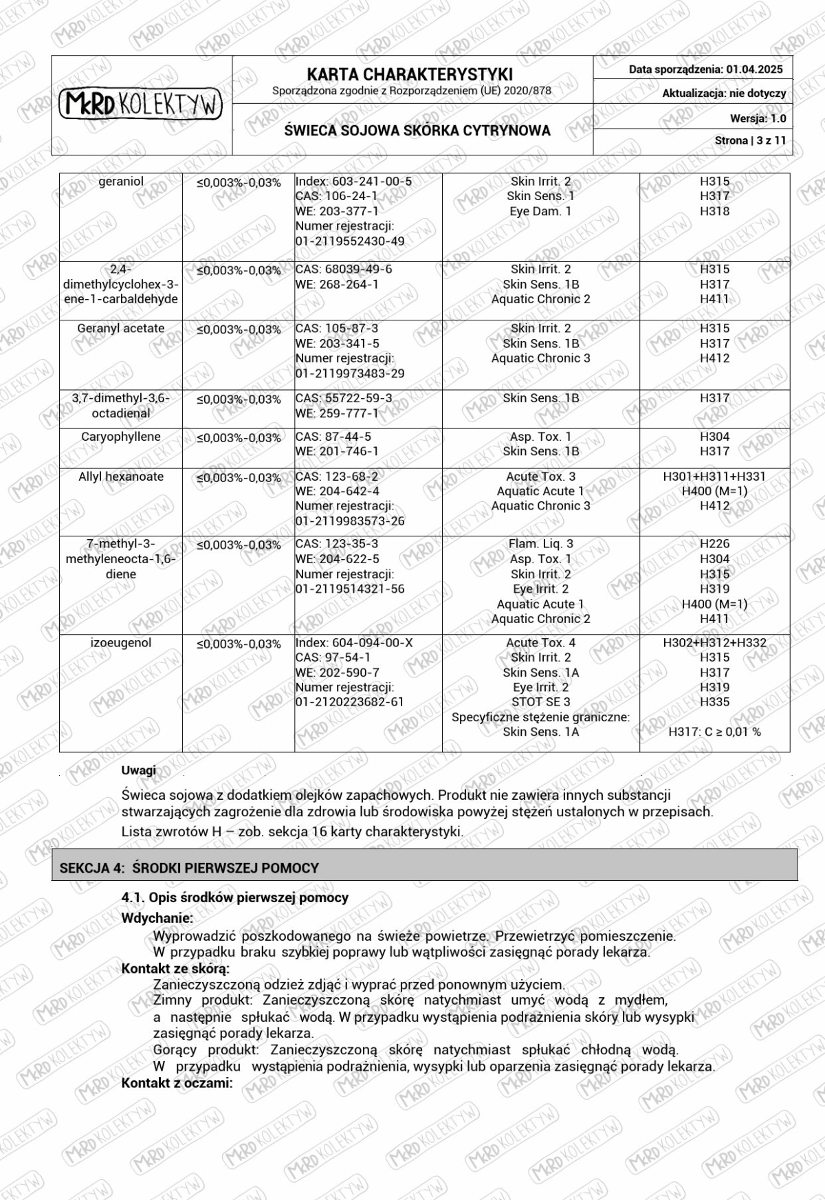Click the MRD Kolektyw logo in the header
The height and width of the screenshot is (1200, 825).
141,105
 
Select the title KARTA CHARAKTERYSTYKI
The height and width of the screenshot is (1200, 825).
410,74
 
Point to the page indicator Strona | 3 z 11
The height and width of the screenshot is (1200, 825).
750,140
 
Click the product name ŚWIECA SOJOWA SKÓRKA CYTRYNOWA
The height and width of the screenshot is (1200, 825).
417,131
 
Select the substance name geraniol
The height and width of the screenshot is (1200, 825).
121,182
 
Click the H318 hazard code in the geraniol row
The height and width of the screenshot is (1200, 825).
714,211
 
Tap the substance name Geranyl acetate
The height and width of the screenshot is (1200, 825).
121,329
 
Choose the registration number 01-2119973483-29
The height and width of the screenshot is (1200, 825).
350,373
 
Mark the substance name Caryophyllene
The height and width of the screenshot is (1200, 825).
121,437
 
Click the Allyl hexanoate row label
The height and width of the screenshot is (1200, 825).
121,477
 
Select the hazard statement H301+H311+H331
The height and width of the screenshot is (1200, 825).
714,476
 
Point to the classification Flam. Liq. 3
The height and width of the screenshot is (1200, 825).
540,544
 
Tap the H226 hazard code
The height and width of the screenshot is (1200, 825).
714,544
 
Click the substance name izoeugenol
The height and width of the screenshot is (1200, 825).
121,643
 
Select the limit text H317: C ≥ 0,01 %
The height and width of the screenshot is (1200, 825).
714,732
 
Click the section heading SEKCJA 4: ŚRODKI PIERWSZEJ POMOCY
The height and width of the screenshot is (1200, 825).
189,868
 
